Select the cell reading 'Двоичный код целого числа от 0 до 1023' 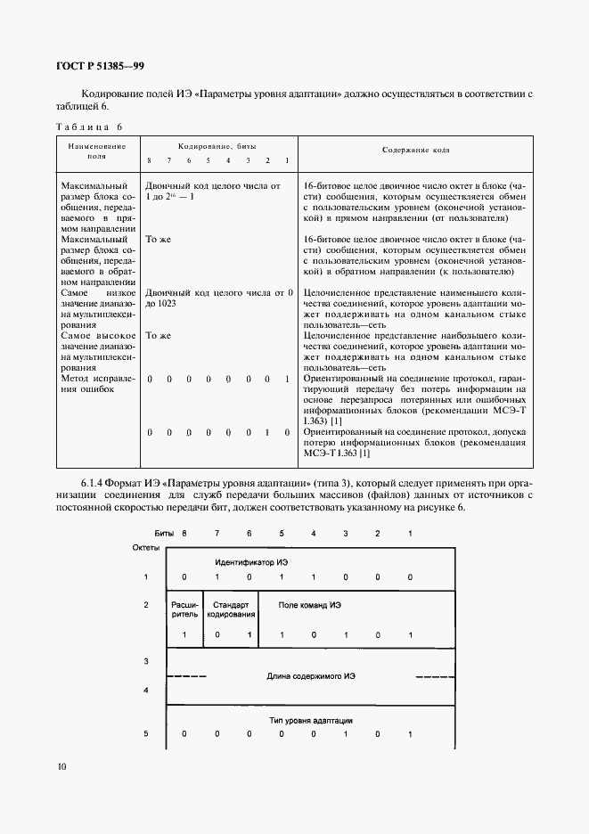(x=219, y=298)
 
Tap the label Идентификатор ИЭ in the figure (x=250, y=562)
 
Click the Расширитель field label (x=184, y=609)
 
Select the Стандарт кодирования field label (x=231, y=609)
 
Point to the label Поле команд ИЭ (x=310, y=604)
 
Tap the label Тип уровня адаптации (x=311, y=720)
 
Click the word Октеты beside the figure (x=146, y=546)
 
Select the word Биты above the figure (x=163, y=532)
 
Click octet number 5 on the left (x=145, y=734)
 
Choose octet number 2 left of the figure (x=145, y=605)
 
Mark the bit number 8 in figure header (x=184, y=532)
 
